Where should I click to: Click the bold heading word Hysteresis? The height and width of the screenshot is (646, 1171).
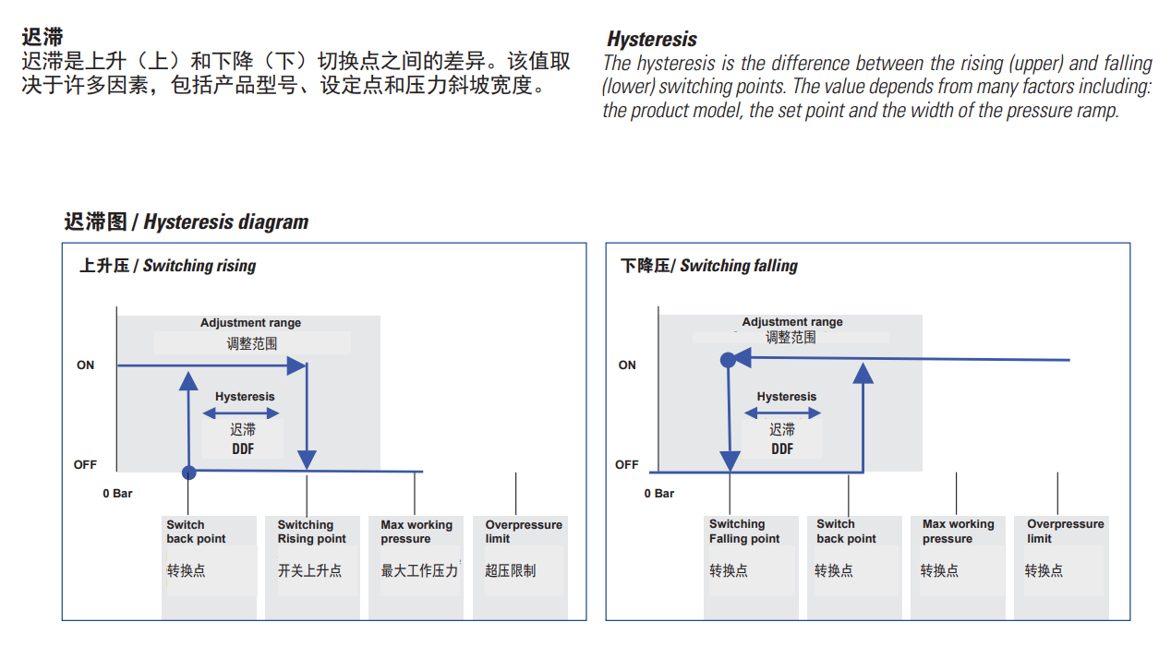coord(652,40)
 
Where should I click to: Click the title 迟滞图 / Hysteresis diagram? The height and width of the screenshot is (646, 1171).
coord(186,222)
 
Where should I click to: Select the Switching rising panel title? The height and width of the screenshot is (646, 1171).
coord(167,266)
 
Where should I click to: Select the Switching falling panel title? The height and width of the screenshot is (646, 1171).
coord(708,266)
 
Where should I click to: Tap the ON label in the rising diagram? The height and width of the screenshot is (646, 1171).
coord(85,365)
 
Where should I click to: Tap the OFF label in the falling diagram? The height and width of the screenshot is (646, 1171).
coord(627,464)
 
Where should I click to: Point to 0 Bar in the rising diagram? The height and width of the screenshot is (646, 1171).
coord(117,494)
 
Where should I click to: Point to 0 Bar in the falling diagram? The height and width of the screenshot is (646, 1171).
coord(659,494)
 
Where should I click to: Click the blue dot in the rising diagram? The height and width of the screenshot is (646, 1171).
coord(189,473)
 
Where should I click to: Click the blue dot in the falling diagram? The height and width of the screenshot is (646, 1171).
coord(728,360)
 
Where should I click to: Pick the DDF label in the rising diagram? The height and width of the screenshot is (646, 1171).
coord(243,449)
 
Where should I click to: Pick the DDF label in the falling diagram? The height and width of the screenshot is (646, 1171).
coord(782,449)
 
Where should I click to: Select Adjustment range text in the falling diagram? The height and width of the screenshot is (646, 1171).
coord(792,322)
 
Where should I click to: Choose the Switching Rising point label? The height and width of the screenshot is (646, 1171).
coord(311,532)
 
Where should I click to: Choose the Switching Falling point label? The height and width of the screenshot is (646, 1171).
coord(744,532)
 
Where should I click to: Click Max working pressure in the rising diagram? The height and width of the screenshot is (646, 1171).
coord(416,532)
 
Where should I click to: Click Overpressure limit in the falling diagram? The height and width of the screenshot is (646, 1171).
coord(1066,531)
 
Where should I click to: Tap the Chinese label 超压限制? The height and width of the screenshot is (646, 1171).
coord(510,570)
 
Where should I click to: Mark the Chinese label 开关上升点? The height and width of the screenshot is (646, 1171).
coord(309,570)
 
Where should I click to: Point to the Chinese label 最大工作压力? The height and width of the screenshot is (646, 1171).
coord(419,570)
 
